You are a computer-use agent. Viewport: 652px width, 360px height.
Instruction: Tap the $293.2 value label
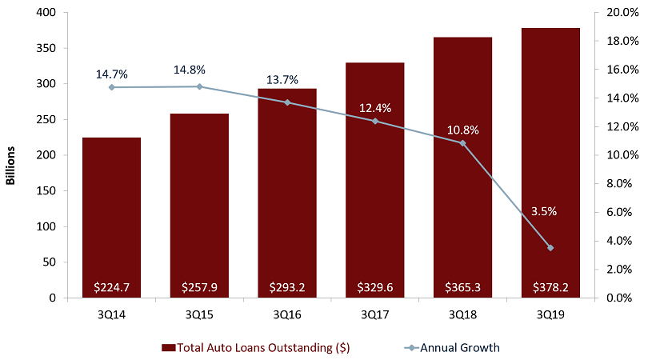[x=286, y=286]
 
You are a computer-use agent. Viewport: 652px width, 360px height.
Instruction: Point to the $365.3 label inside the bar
[x=462, y=286]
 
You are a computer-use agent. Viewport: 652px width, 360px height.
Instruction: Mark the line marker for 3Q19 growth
[x=550, y=248]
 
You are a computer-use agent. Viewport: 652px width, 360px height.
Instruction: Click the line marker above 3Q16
[x=286, y=102]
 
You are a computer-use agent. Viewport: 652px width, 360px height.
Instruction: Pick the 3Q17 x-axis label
[x=374, y=314]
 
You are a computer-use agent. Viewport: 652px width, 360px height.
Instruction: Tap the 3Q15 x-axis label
[x=199, y=314]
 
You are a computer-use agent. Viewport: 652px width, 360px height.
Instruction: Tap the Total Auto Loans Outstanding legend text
[x=265, y=347]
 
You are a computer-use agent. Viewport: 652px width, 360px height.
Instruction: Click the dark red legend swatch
[x=168, y=347]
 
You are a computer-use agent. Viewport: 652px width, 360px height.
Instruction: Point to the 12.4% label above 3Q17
[x=375, y=107]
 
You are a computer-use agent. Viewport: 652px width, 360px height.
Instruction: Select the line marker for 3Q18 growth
[x=462, y=143]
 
